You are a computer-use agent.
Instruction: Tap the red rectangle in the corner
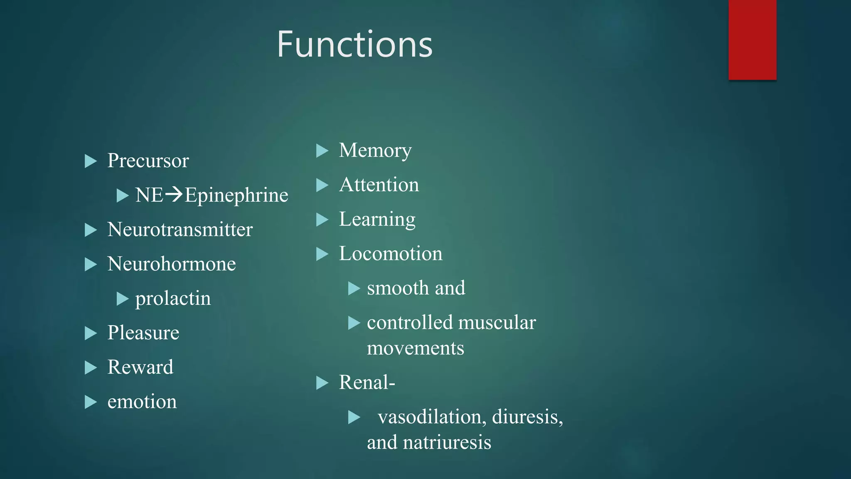pos(752,40)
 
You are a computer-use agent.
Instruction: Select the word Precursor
pos(148,161)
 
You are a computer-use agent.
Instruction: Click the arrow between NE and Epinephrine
pos(174,194)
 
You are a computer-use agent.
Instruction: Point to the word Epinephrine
pos(236,195)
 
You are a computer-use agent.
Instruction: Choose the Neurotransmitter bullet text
pos(180,230)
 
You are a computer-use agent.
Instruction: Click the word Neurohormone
pos(171,264)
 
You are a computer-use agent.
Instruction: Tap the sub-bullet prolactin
pos(173,299)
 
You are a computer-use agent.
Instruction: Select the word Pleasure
pos(143,333)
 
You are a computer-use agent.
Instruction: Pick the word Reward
pos(140,367)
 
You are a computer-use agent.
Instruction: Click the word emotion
pos(142,402)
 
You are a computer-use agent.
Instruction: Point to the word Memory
pos(375,151)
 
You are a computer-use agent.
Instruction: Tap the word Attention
pos(379,185)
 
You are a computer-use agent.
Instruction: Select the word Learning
pos(377,220)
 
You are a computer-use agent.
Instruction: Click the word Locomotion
pos(390,254)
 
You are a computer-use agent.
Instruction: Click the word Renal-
pos(366,383)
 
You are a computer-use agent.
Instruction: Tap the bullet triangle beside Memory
pos(322,151)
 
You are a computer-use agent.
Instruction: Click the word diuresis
pos(527,417)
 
